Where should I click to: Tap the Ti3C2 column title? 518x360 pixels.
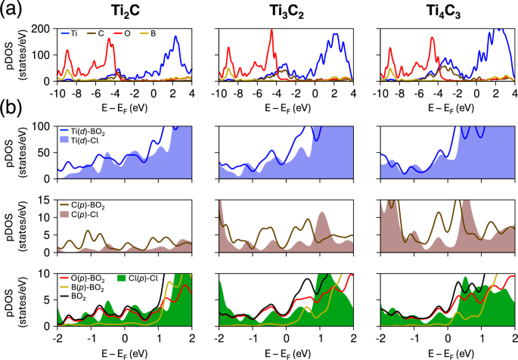coord(284,12)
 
